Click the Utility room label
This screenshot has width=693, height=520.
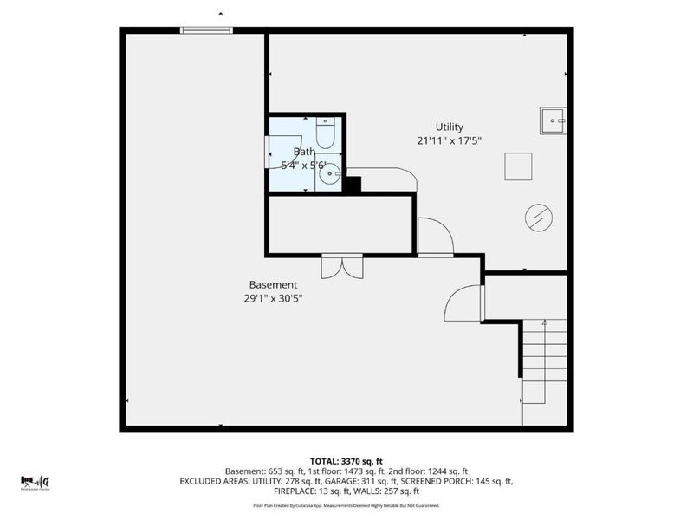pos(449,127)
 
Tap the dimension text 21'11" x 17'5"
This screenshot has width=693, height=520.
pos(449,140)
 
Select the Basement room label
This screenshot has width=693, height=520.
pos(273,284)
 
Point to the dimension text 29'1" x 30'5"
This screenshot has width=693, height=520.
pos(273,298)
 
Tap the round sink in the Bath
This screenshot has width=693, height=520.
pos(329,175)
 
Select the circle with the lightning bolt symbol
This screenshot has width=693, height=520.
pos(537,218)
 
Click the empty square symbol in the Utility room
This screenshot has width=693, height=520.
pos(519,166)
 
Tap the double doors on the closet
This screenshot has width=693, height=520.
pos(341,266)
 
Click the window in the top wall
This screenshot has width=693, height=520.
pos(206,30)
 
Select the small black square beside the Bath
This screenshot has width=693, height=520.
pos(352,185)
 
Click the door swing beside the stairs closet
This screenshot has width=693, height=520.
pos(463,303)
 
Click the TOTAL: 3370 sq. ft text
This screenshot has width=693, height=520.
pos(346,460)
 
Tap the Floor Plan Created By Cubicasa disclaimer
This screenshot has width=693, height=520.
pos(346,504)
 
